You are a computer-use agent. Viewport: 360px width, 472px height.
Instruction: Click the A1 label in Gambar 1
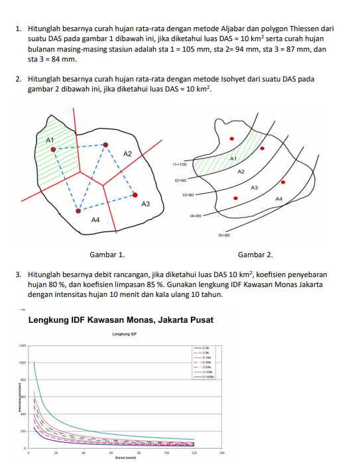point(49,140)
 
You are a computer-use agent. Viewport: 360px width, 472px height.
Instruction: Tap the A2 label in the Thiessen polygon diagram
point(128,154)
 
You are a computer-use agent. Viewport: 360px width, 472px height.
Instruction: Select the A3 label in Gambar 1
point(146,204)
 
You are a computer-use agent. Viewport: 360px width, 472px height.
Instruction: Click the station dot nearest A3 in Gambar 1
point(135,196)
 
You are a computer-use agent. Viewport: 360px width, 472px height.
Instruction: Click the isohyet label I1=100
point(180,163)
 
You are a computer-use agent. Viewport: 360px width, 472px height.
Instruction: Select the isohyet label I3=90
point(187,196)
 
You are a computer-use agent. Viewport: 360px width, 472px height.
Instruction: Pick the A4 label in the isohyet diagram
point(278,199)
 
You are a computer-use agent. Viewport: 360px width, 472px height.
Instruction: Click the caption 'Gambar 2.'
point(255,255)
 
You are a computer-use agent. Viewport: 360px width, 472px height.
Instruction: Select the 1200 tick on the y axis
point(22,346)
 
